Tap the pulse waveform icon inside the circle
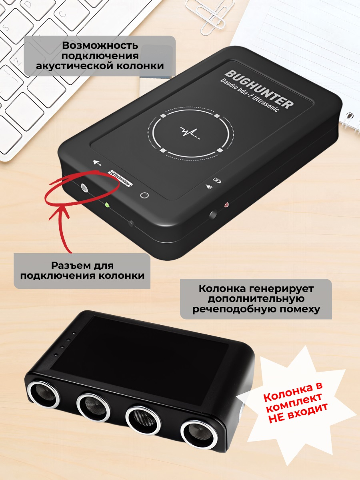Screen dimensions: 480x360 (x=190, y=131)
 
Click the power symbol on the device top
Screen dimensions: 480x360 (x=145, y=196)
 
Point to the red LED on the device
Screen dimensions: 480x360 (x=226, y=205)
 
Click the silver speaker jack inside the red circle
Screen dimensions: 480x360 (x=84, y=188)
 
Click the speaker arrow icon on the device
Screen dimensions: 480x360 (x=97, y=163)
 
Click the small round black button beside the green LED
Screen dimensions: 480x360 (x=131, y=223)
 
